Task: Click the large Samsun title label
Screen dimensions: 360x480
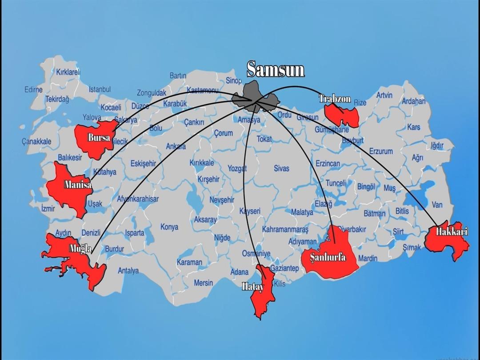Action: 276,69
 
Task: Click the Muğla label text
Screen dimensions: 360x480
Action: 80,248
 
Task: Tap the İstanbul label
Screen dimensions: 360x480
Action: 100,89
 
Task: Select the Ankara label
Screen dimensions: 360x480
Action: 176,146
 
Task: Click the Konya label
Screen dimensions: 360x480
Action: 169,227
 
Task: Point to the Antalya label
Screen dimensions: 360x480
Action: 128,270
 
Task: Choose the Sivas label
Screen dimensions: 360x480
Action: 281,168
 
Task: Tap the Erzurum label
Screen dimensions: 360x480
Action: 381,151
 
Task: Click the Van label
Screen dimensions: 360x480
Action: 437,205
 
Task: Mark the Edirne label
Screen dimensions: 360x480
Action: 33,90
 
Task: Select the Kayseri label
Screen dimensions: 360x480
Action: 250,211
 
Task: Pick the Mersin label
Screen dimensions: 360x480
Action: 203,283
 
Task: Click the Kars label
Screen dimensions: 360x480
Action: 413,127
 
